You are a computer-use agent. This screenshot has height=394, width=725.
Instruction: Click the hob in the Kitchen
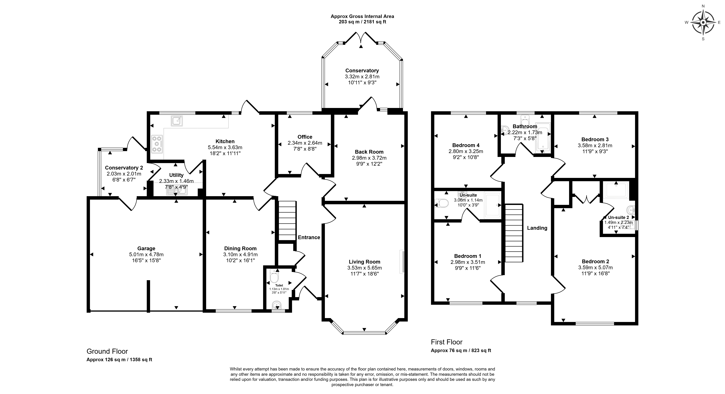pyautogui.click(x=157, y=144)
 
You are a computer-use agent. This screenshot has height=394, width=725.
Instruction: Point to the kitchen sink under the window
pyautogui.click(x=177, y=121)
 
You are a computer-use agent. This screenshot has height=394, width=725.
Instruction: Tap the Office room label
pyautogui.click(x=305, y=137)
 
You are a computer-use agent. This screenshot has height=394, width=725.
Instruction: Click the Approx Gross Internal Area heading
pyautogui.click(x=362, y=16)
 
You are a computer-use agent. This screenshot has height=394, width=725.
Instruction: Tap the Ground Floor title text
pyautogui.click(x=107, y=351)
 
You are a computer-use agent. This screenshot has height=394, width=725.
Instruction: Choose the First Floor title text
pyautogui.click(x=447, y=342)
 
